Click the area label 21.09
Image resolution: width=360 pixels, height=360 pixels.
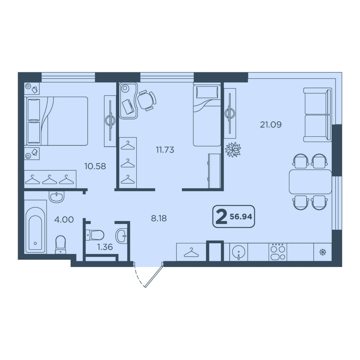[271, 125]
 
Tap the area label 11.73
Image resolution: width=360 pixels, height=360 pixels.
[165, 150]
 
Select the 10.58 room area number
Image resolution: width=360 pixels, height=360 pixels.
[95, 166]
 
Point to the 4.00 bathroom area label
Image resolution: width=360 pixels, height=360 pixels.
[64, 219]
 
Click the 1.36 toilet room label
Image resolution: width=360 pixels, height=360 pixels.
[105, 247]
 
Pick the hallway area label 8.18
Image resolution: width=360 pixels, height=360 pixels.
[159, 218]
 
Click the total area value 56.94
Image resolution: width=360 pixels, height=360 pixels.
[241, 217]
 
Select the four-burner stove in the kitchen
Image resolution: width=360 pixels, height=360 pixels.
[278, 252]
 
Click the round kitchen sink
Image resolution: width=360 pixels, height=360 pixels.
[239, 252]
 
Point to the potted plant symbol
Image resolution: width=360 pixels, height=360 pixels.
[233, 150]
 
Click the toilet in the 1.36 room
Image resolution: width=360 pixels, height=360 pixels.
[95, 235]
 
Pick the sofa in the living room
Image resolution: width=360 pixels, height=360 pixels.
[318, 115]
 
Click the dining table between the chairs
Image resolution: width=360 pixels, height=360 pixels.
[310, 182]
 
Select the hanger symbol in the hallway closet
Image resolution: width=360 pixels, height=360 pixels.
[191, 253]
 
